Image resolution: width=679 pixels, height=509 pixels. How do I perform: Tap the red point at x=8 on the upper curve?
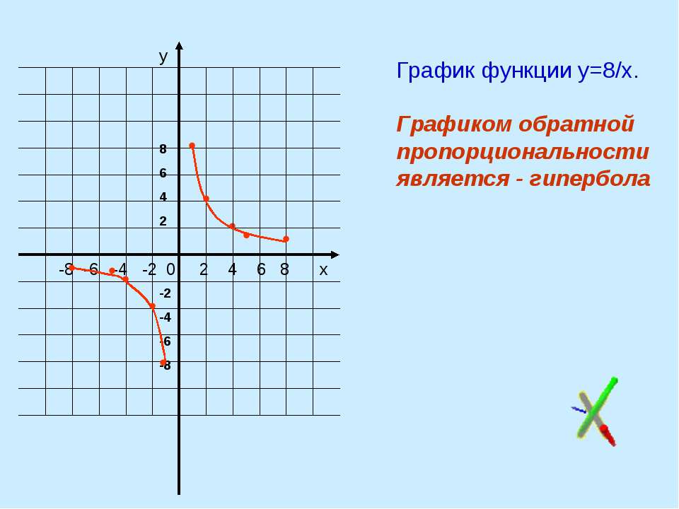(x=286, y=239)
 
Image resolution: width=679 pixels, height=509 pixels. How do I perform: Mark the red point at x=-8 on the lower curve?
(x=72, y=268)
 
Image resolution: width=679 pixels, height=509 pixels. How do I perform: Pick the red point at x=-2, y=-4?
(x=153, y=306)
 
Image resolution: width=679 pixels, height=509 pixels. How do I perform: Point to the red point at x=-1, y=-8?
(x=163, y=362)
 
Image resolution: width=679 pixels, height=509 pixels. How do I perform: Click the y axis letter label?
(x=163, y=57)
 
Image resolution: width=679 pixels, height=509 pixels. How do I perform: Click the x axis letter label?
(x=323, y=270)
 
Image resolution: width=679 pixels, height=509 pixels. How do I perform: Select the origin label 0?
(x=170, y=269)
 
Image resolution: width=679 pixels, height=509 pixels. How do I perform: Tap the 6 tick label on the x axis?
(x=261, y=269)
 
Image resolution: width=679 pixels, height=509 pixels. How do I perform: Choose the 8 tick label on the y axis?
(x=163, y=149)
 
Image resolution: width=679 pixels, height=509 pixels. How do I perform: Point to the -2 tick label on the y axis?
(x=165, y=293)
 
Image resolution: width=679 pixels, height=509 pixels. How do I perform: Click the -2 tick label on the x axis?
(x=149, y=269)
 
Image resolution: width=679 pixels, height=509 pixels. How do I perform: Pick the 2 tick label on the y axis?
(x=163, y=221)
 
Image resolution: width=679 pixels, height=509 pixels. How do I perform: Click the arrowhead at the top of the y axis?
(x=179, y=46)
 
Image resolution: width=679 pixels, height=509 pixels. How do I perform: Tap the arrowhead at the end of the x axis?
(x=335, y=255)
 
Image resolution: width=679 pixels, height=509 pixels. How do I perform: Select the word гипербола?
(x=590, y=178)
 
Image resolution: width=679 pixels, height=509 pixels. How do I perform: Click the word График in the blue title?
(x=436, y=71)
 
